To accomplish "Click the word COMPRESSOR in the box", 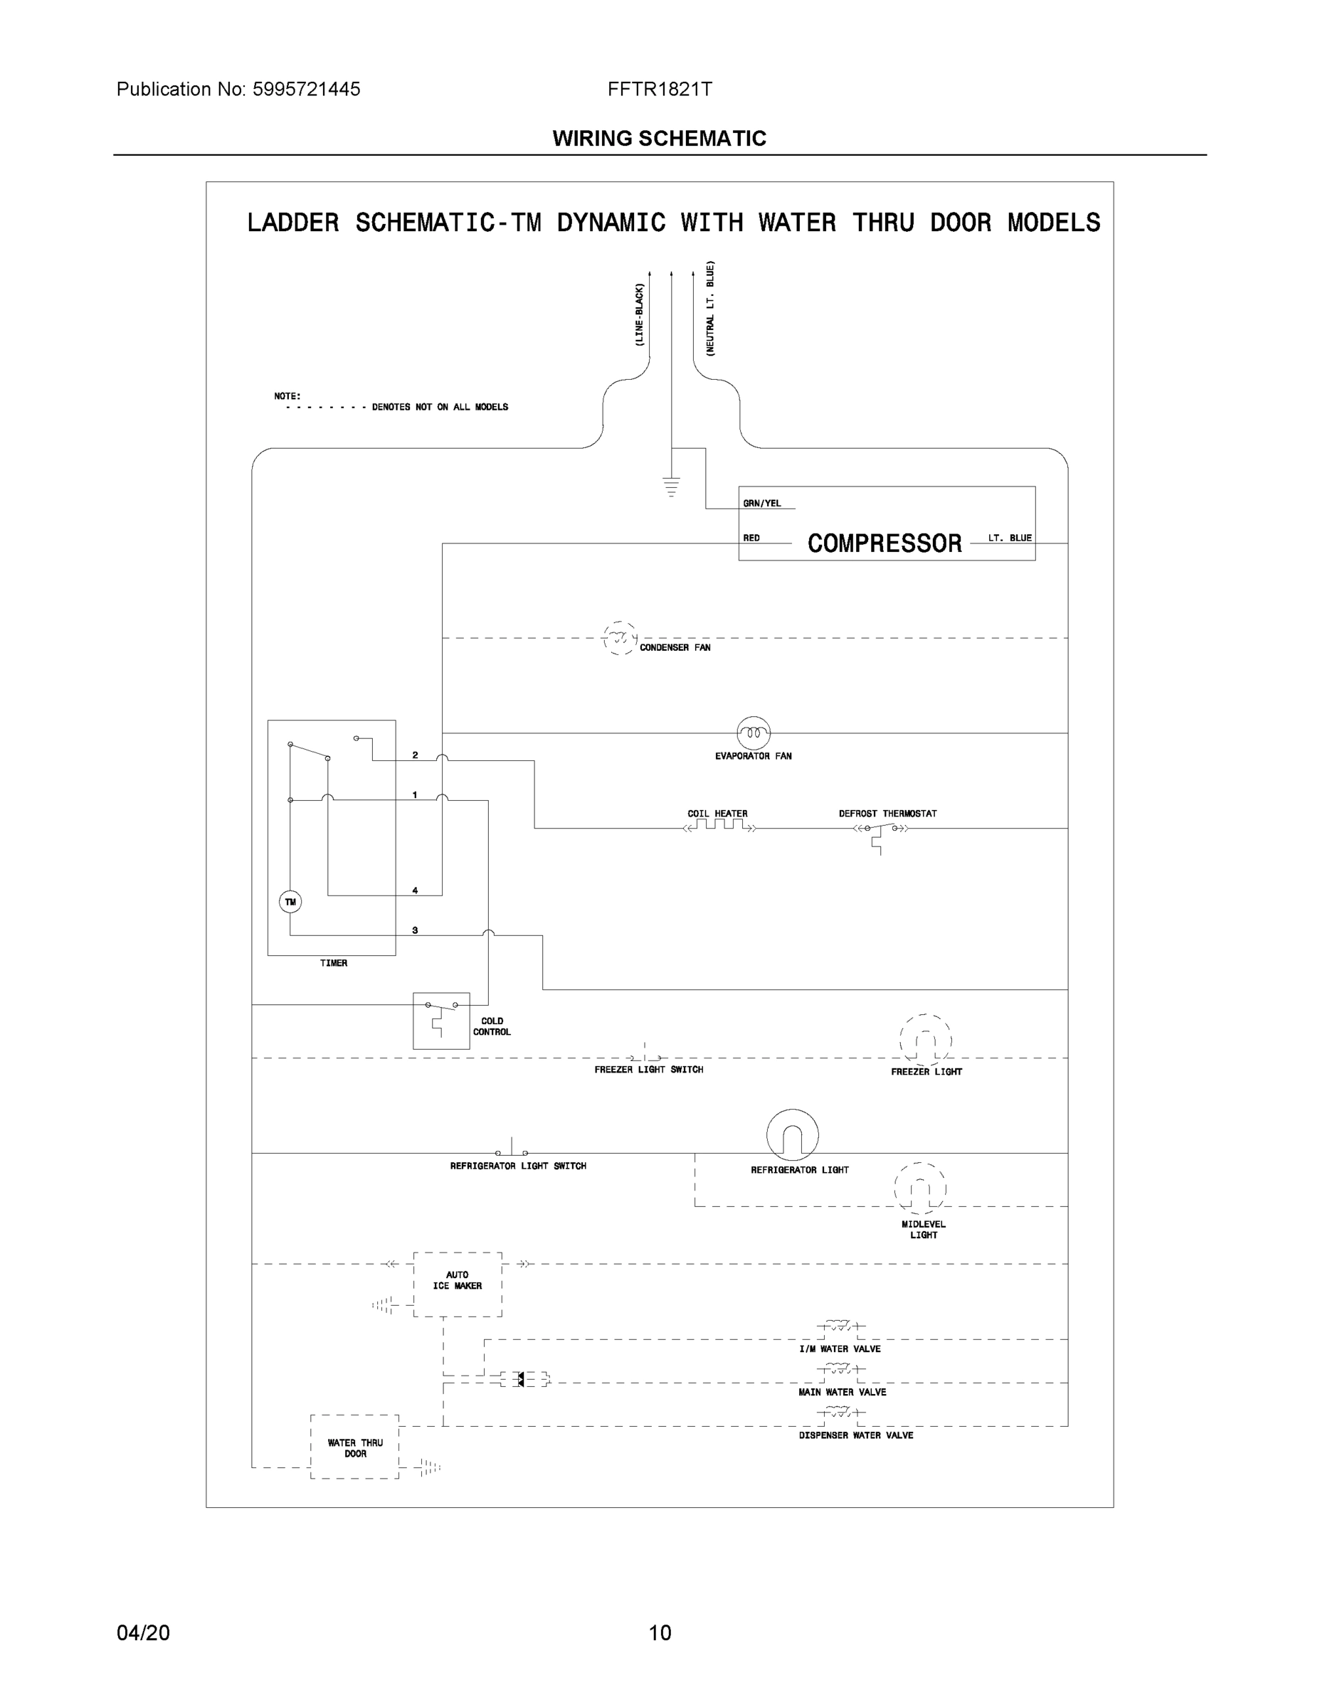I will pyautogui.click(x=885, y=543).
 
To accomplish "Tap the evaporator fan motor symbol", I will pyautogui.click(x=753, y=733).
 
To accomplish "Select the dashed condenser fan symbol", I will pyautogui.click(x=620, y=639).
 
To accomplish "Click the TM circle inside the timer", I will pyautogui.click(x=290, y=902).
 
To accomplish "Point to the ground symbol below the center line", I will pyautogui.click(x=671, y=487).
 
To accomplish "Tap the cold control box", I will pyautogui.click(x=441, y=1020).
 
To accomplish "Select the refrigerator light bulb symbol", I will pyautogui.click(x=792, y=1135).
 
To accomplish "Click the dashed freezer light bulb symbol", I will pyautogui.click(x=925, y=1041).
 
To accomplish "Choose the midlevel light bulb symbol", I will pyautogui.click(x=919, y=1188).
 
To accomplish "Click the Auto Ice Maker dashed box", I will pyautogui.click(x=458, y=1284).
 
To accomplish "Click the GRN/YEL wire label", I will pyautogui.click(x=761, y=504).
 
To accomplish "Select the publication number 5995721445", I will pyautogui.click(x=306, y=89).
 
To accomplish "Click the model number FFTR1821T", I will pyautogui.click(x=659, y=89).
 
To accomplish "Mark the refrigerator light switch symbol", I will pyautogui.click(x=512, y=1151).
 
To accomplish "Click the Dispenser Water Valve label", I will pyautogui.click(x=855, y=1435).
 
